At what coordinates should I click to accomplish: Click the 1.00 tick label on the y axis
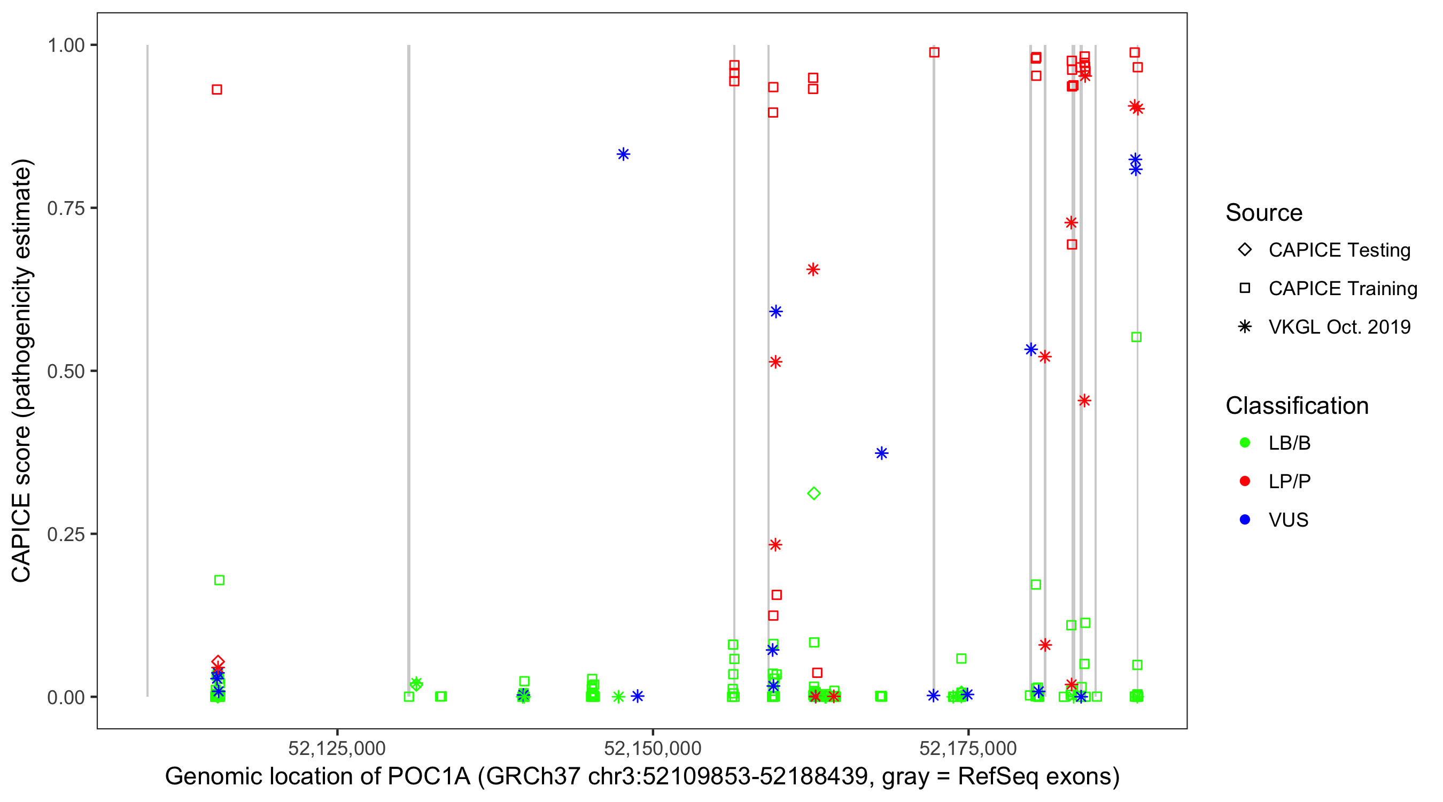click(66, 45)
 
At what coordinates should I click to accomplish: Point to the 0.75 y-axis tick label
click(66, 209)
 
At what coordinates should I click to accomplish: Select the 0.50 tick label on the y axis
click(66, 372)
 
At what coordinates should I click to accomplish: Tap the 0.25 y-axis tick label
click(66, 534)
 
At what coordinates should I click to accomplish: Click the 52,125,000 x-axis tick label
click(337, 748)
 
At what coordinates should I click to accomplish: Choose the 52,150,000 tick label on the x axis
click(653, 748)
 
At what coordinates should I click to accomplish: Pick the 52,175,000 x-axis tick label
click(968, 748)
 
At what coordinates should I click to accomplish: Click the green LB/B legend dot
click(1245, 443)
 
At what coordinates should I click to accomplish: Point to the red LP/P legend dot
click(1245, 481)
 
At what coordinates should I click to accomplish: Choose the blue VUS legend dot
click(1245, 520)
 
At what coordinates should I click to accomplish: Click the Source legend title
click(1264, 213)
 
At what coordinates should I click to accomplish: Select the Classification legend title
click(1297, 406)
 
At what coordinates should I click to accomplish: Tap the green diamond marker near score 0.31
click(814, 493)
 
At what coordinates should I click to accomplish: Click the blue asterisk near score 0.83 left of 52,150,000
click(624, 154)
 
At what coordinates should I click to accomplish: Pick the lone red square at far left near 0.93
click(217, 90)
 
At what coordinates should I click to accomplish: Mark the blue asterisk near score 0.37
click(882, 453)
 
